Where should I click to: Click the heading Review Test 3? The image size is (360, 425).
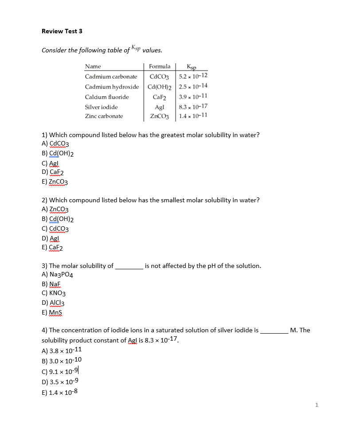62,31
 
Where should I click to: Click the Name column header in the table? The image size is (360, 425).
93,67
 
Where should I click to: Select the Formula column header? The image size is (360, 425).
160,67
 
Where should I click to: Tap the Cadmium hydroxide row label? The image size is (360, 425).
112,87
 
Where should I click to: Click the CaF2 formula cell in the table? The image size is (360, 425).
159,97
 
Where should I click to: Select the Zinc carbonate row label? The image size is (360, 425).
104,116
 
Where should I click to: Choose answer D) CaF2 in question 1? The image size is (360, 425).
52,173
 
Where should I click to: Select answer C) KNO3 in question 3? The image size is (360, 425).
54,293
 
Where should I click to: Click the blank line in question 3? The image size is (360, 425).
129,266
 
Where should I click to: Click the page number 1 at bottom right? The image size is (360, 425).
317,405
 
